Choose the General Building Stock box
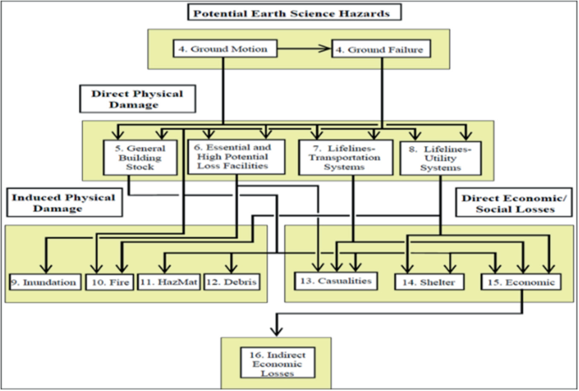coord(145,155)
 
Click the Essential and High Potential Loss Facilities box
coord(240,155)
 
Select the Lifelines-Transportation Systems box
coord(346,155)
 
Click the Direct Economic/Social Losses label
coord(512,203)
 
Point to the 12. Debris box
coord(231,281)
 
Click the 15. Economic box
coord(521,281)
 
